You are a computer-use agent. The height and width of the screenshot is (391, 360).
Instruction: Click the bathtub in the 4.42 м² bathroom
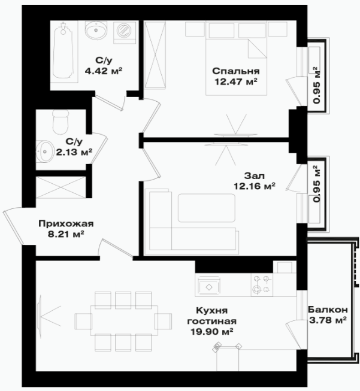click(63, 51)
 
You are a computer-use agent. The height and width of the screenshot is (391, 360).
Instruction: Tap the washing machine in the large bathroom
click(125, 32)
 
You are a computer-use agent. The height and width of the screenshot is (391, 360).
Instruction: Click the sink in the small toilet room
click(44, 151)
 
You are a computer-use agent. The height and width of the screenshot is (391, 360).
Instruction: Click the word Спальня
click(236, 71)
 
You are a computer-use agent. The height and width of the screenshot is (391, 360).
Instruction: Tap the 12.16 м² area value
click(255, 186)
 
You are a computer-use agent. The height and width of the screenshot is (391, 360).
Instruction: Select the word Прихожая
click(66, 224)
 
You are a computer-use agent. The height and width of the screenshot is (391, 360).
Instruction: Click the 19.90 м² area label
click(212, 332)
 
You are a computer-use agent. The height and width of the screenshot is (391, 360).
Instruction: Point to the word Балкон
click(328, 310)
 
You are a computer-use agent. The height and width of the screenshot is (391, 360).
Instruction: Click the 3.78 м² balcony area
click(328, 320)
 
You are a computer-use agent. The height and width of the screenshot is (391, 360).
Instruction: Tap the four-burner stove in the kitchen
click(262, 285)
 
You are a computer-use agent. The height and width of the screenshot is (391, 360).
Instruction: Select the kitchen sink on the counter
click(209, 287)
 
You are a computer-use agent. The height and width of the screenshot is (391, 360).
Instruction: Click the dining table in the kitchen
click(124, 320)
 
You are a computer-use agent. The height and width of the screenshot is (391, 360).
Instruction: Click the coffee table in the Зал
click(207, 208)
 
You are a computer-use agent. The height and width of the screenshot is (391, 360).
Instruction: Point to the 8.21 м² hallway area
click(66, 234)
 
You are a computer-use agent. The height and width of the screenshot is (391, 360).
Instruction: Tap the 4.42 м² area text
click(104, 71)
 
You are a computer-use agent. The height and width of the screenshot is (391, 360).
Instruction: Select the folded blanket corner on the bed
click(258, 49)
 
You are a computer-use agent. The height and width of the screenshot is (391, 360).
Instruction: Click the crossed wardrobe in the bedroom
click(155, 55)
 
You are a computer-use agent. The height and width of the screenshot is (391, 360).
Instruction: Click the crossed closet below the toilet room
click(60, 187)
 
